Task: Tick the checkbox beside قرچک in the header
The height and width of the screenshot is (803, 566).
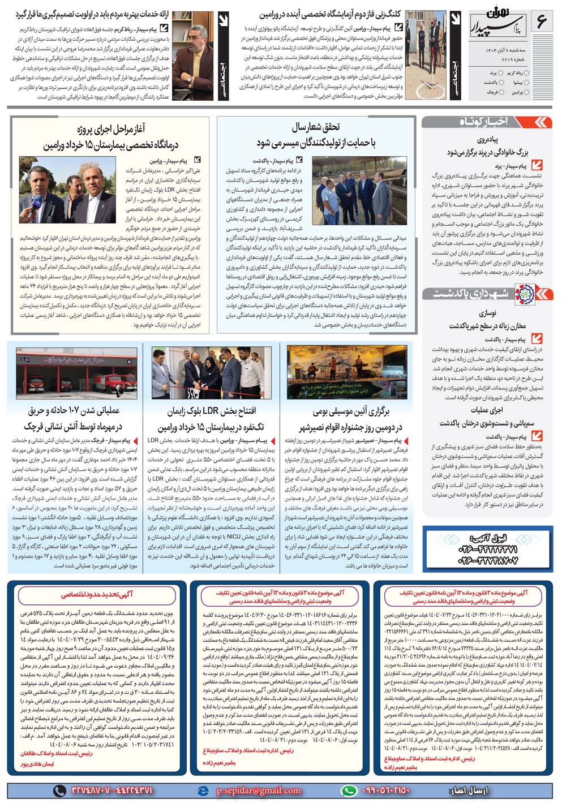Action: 501,92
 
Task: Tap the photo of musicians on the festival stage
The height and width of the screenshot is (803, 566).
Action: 347,372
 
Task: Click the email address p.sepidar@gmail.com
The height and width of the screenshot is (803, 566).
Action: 258,791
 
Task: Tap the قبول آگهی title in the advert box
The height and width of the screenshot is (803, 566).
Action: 487,538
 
